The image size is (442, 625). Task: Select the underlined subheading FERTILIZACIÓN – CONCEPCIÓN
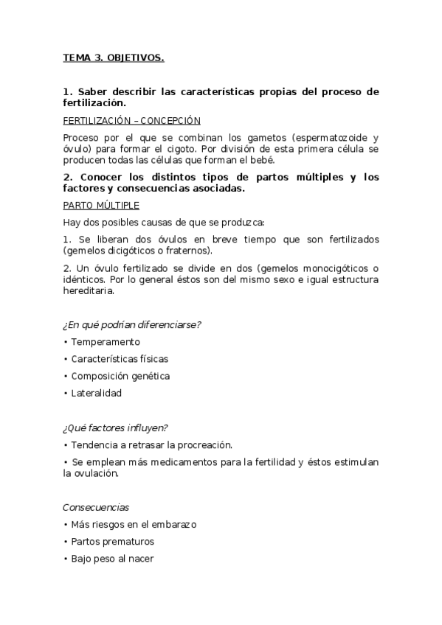(131, 121)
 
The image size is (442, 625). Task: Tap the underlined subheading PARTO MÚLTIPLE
(101, 206)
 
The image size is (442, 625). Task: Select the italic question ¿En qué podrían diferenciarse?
(132, 325)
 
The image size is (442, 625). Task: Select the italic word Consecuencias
(96, 507)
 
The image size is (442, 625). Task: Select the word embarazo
(175, 525)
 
